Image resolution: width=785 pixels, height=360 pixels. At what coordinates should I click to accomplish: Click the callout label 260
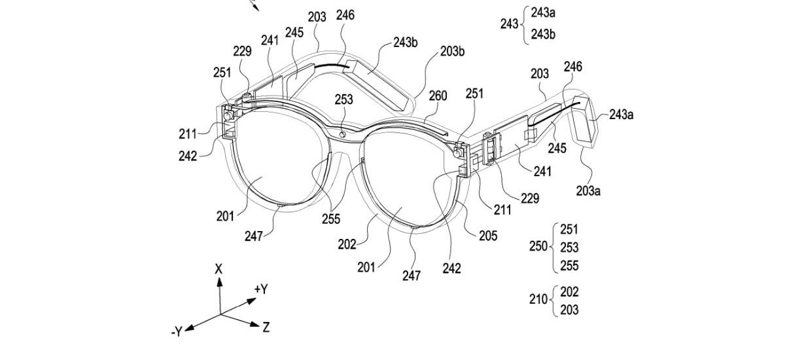pyautogui.click(x=438, y=96)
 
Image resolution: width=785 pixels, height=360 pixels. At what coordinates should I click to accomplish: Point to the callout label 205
pyautogui.click(x=489, y=235)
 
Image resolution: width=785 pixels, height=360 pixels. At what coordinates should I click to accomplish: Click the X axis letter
pyautogui.click(x=219, y=268)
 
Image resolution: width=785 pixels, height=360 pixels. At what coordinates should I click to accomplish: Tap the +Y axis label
pyautogui.click(x=260, y=289)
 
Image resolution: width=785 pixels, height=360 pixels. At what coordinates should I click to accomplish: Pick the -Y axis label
pyautogui.click(x=176, y=333)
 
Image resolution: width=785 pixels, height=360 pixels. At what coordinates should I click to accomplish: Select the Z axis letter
pyautogui.click(x=266, y=327)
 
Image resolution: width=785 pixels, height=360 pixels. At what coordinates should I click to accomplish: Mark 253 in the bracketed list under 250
pyautogui.click(x=570, y=247)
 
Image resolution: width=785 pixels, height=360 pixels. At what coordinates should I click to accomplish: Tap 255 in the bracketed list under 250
pyautogui.click(x=570, y=266)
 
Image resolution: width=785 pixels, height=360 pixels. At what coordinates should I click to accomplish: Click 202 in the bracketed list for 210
pyautogui.click(x=570, y=291)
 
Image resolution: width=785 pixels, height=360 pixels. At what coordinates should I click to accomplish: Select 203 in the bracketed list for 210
pyautogui.click(x=570, y=310)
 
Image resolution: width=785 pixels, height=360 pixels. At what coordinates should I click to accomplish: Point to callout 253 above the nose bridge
pyautogui.click(x=343, y=99)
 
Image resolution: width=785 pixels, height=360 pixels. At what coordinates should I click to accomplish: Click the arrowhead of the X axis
pyautogui.click(x=219, y=281)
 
